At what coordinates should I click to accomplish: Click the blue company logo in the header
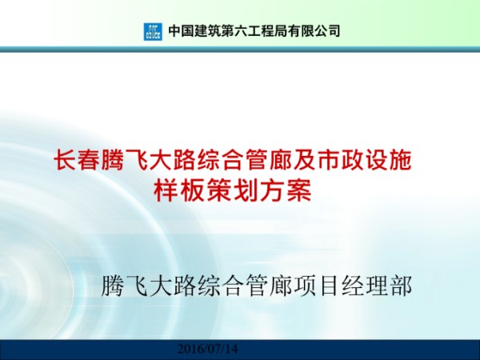point(152,31)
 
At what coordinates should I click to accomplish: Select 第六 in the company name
point(240,31)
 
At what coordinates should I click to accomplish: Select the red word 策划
point(219,191)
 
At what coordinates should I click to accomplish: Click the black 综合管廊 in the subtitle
point(226,286)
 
